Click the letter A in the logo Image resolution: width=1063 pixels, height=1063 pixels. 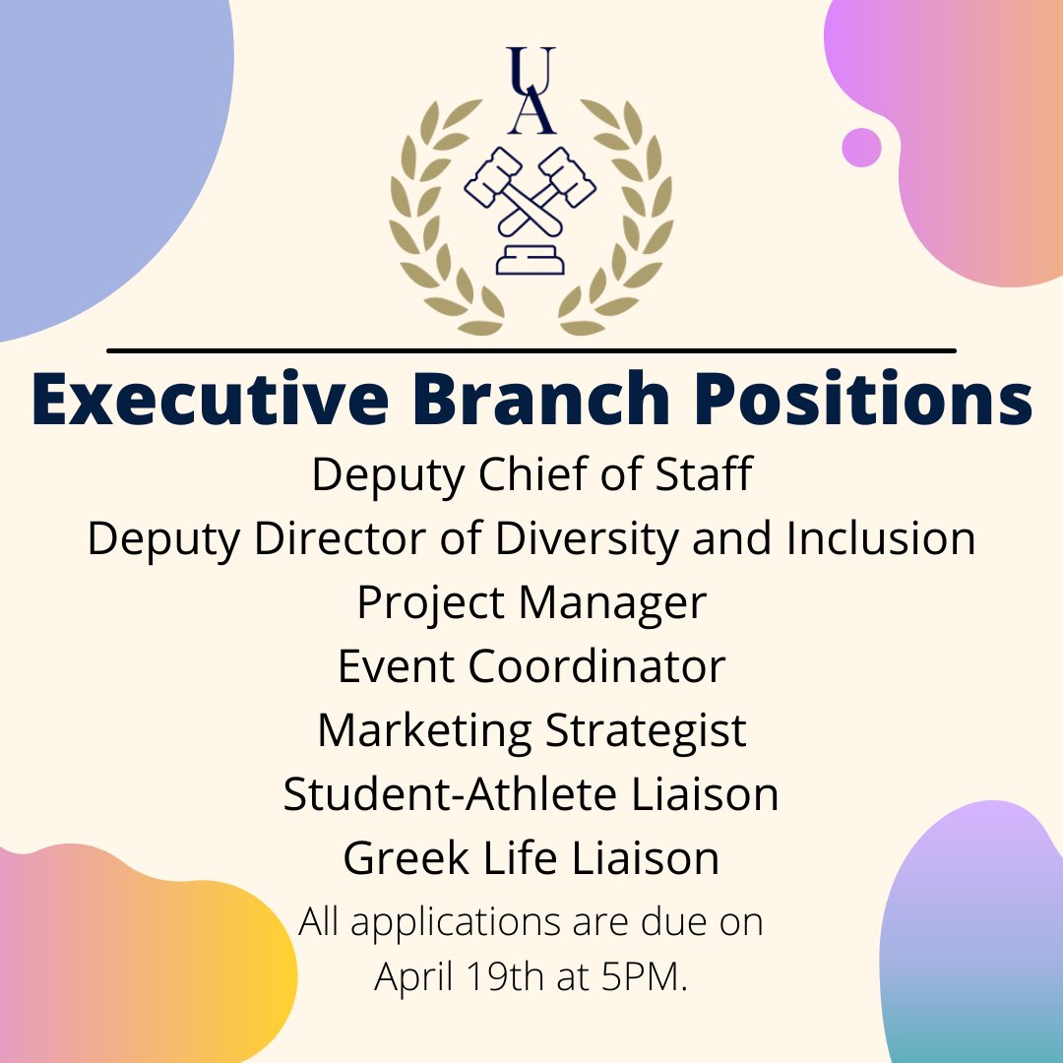531,113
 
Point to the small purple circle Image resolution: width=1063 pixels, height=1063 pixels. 861,147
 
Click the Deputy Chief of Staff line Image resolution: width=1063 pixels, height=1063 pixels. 531,475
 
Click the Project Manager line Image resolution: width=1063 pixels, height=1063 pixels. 531,603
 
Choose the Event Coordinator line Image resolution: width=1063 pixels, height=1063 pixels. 531,666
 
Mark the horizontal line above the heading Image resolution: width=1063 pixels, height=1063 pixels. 531,349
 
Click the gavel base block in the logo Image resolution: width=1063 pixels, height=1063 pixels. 531,261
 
